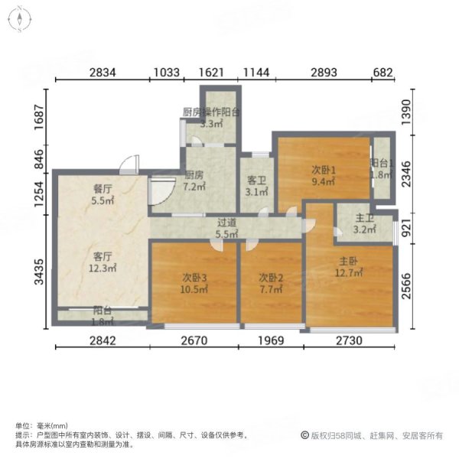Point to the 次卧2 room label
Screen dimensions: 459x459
(268, 276)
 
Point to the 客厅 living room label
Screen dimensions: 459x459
(103, 256)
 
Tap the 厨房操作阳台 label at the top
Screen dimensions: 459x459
(211, 112)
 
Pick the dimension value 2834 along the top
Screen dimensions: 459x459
(103, 73)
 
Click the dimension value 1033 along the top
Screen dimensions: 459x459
(167, 73)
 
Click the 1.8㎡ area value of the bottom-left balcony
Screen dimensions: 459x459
(103, 321)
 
